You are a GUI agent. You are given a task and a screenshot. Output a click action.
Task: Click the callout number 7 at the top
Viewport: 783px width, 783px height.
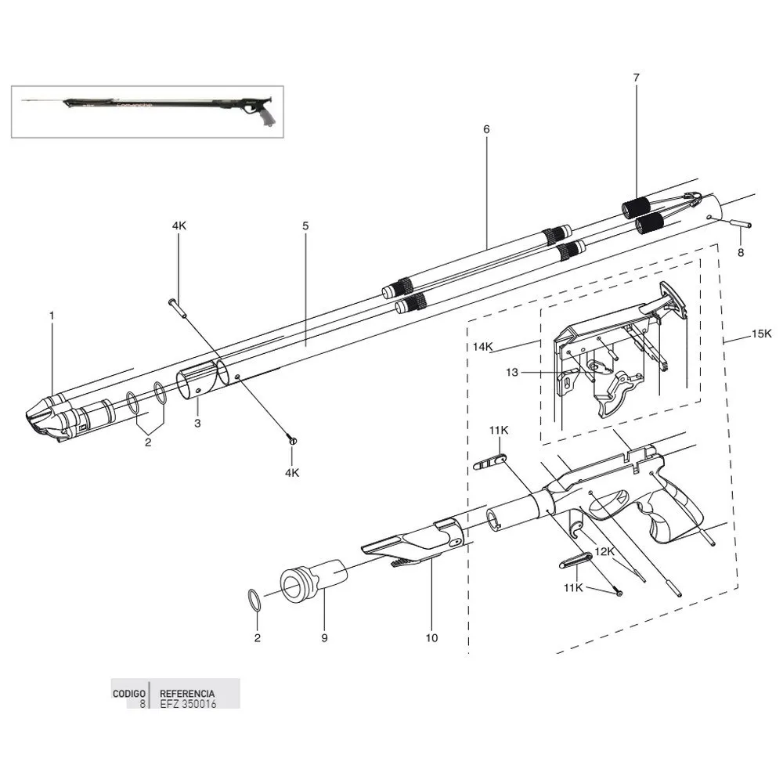pos(636,78)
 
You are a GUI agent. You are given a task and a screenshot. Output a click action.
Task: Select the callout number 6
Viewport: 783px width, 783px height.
pos(485,128)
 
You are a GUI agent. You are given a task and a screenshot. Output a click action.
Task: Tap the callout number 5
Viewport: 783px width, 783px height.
pos(305,226)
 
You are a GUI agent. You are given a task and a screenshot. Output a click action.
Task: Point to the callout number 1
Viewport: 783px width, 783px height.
pos(52,316)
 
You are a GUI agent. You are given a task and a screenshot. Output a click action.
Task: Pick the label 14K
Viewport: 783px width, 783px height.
pos(482,345)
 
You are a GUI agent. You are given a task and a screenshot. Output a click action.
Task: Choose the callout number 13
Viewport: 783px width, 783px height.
pos(511,373)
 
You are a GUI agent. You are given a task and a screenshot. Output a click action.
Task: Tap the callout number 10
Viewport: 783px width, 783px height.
pos(431,638)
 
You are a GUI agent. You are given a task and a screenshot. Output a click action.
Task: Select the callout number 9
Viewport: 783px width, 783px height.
pos(323,638)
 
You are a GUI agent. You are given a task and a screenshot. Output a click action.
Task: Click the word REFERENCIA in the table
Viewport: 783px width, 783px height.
pos(187,694)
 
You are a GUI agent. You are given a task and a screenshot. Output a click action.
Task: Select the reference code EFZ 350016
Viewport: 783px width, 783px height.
pos(188,704)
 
